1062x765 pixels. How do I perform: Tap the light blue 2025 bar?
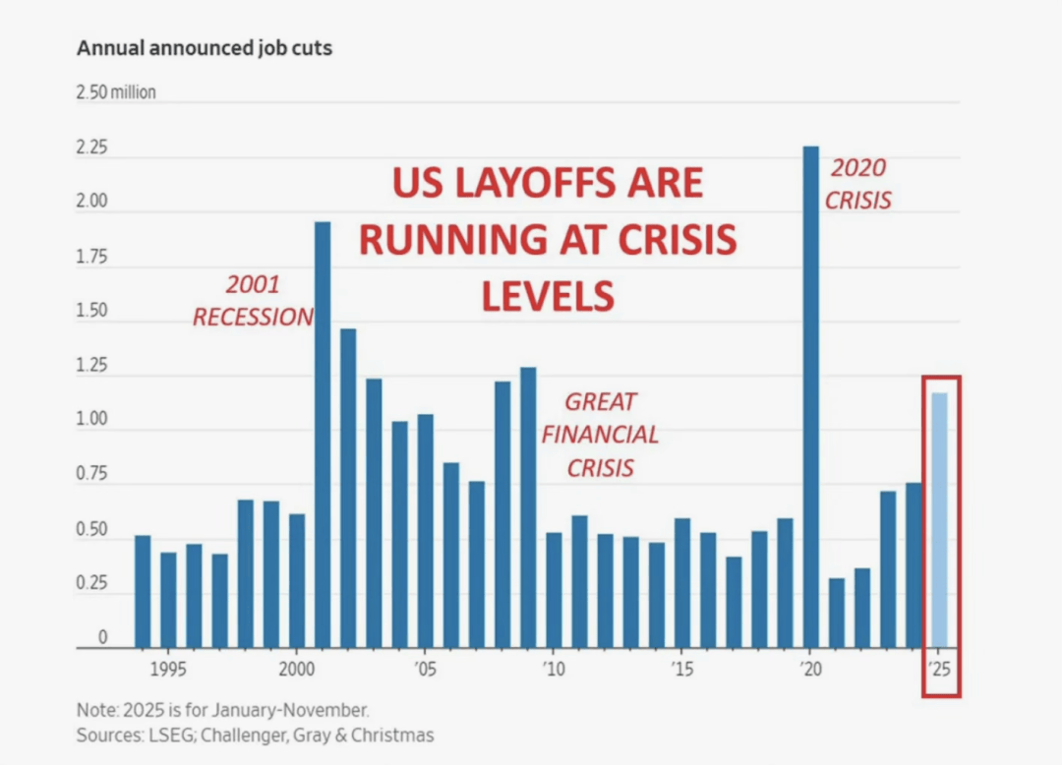point(940,520)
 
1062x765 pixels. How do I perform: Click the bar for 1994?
point(143,591)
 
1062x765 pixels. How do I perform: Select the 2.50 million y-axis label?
point(116,93)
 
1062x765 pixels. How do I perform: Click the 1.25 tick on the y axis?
point(91,367)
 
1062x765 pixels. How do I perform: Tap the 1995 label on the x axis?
point(168,670)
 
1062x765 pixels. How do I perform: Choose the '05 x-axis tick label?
point(425,670)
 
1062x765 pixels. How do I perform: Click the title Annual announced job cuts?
point(205,48)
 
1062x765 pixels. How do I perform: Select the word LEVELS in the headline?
point(549,295)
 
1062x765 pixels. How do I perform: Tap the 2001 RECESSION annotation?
point(253,301)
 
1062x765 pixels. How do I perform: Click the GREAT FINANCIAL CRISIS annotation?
point(600,434)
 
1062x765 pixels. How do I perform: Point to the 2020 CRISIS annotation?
point(857,184)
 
